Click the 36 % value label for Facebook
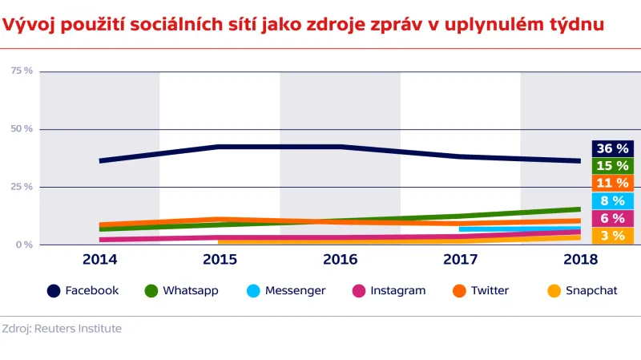pos(613,148)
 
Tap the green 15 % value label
pos(613,166)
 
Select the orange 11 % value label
pos(613,184)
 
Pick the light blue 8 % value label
pos(613,201)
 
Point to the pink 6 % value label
pos(613,218)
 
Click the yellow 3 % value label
pos(613,236)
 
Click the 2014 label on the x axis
pos(99,260)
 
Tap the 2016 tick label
pos(340,260)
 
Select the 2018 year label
pos(580,260)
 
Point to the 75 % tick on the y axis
pos(22,71)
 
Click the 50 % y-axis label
pos(22,129)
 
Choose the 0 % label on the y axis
pos(25,245)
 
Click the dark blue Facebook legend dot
pos(54,290)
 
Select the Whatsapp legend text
pos(191,290)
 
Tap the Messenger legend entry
pos(295,290)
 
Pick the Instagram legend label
pos(397,290)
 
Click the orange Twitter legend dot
pos(459,290)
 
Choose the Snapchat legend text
pos(591,290)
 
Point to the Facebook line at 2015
pos(220,147)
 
